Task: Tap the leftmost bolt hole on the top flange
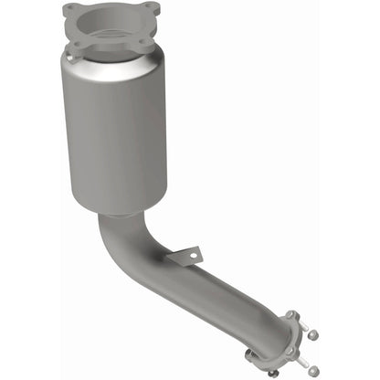pyautogui.click(x=70, y=14)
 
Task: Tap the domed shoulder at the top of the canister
pyautogui.click(x=114, y=66)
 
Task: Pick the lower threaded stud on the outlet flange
pyautogui.click(x=305, y=362)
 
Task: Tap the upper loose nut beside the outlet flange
pyautogui.click(x=313, y=334)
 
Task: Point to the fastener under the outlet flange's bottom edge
pyautogui.click(x=272, y=372)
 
